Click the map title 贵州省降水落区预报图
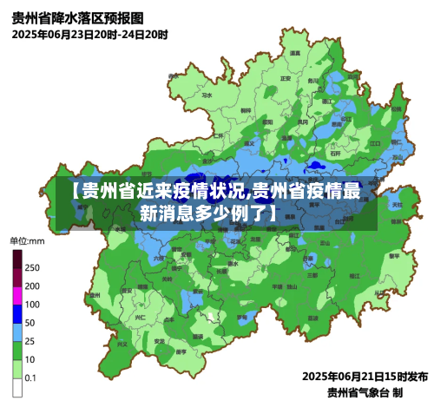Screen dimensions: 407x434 pyautogui.click(x=78, y=17)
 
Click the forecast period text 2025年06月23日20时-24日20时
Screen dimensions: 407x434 pyautogui.click(x=90, y=35)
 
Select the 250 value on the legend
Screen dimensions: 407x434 pyautogui.click(x=32, y=267)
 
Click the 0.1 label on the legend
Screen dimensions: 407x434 pyautogui.click(x=31, y=378)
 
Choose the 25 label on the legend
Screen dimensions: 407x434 pyautogui.click(x=30, y=341)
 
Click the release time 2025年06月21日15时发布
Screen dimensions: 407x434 pyautogui.click(x=365, y=377)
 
